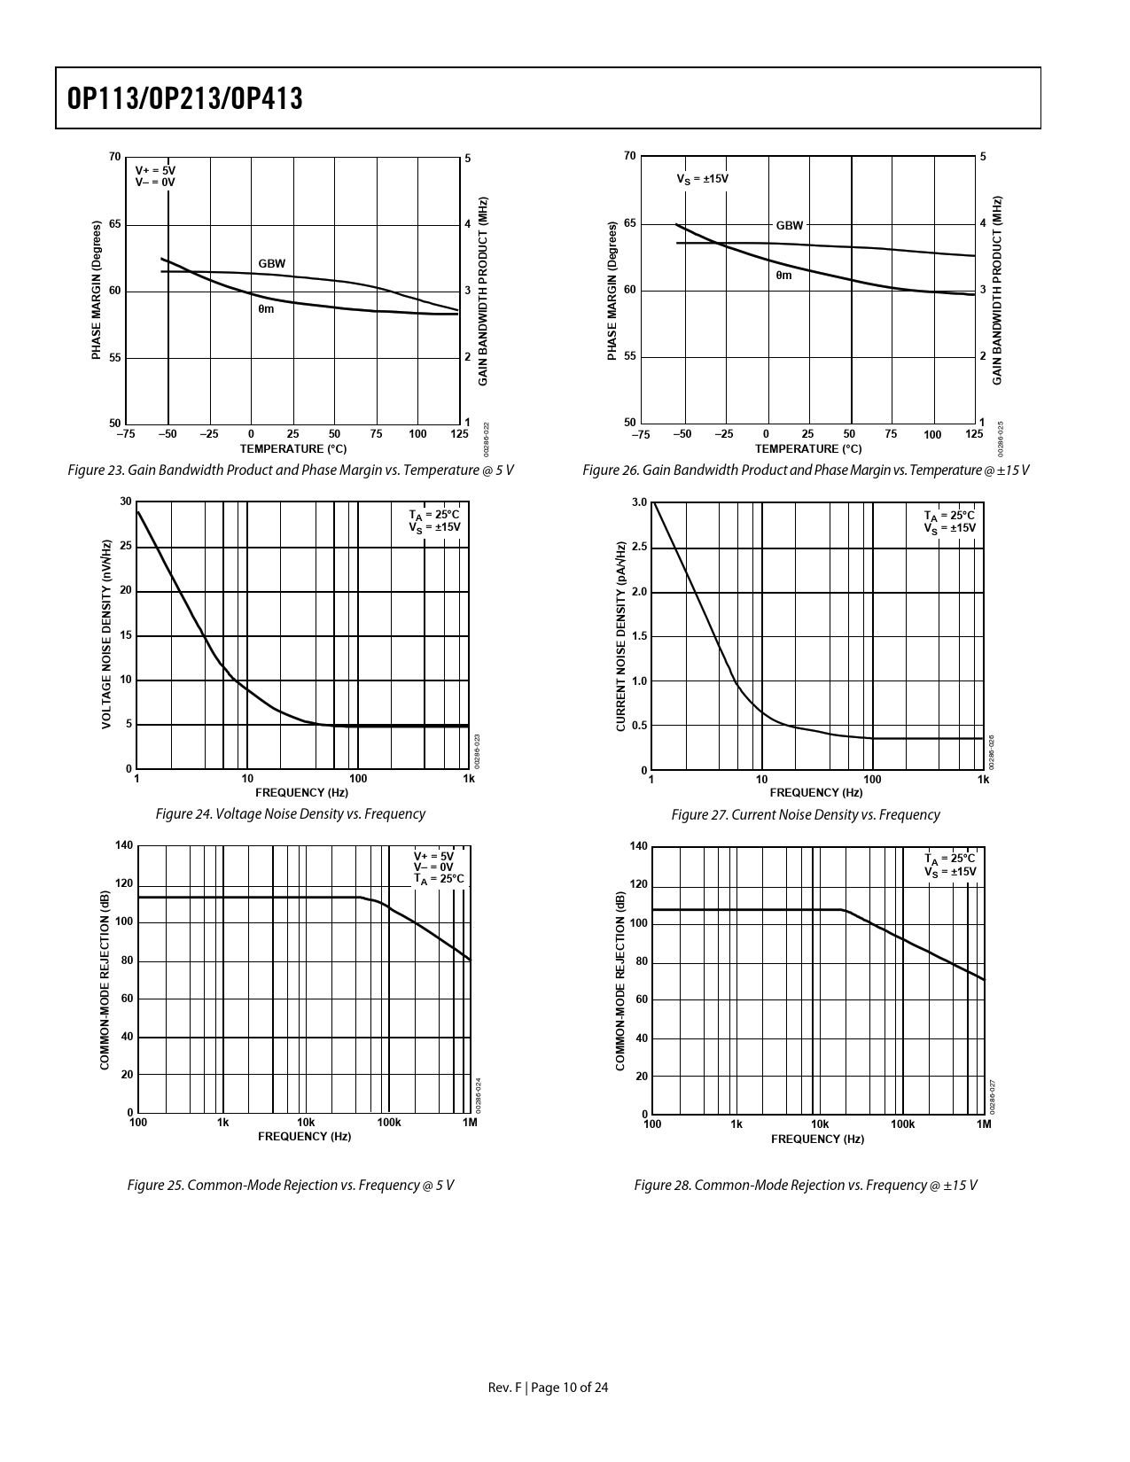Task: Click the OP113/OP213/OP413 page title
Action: (185, 99)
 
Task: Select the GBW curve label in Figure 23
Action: (272, 264)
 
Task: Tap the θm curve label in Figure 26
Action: (783, 276)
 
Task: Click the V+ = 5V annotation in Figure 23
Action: (155, 169)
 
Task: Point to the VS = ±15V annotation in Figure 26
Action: (703, 179)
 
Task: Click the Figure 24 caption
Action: (290, 813)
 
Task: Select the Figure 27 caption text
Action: (805, 814)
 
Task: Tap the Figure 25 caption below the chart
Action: (290, 1185)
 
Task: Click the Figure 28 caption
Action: (805, 1185)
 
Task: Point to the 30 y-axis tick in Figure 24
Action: (126, 502)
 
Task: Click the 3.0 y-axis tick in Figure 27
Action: (639, 502)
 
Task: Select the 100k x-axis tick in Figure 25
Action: (388, 1123)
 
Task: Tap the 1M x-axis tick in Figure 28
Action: (984, 1124)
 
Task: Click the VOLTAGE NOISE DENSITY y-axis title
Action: (106, 634)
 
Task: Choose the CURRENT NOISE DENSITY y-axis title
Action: (621, 636)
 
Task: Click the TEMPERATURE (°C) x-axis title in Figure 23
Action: (292, 448)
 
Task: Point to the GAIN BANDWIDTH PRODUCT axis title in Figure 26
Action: (997, 290)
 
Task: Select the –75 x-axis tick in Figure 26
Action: (640, 434)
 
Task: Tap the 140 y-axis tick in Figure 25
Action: (124, 845)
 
